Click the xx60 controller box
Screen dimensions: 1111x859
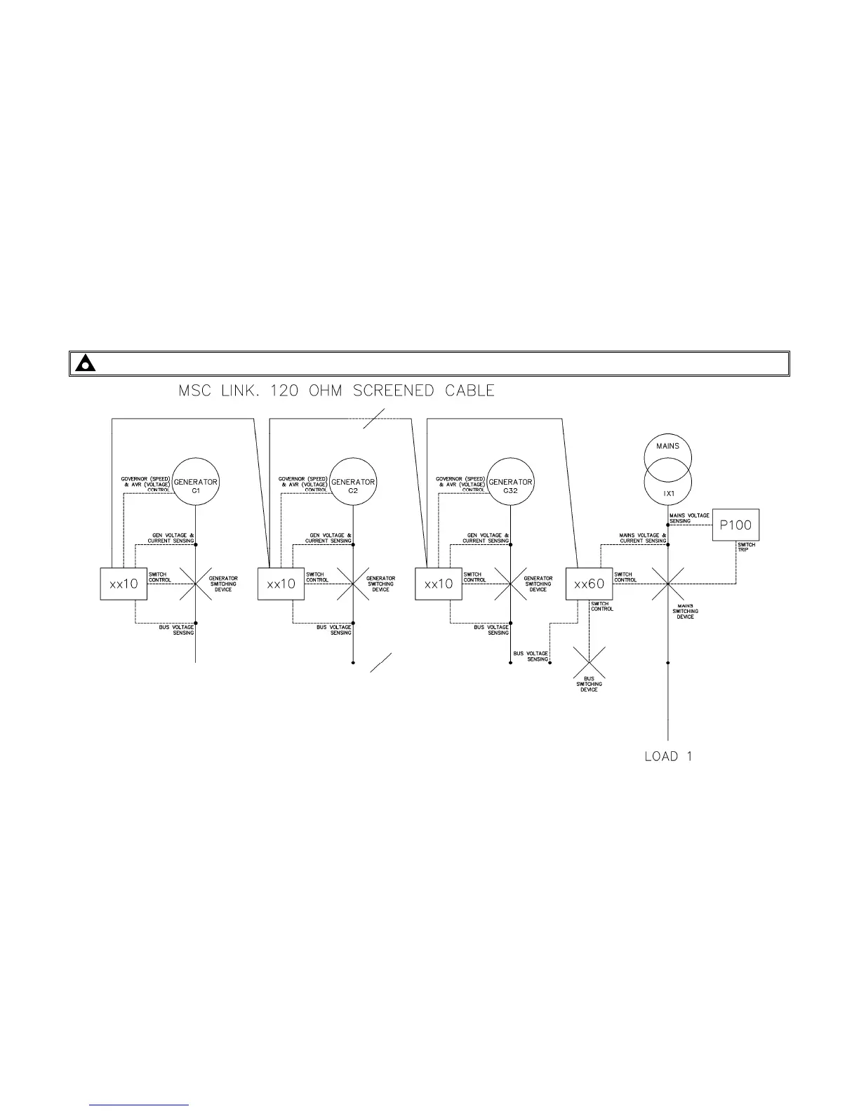click(589, 584)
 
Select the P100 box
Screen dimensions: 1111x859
click(735, 525)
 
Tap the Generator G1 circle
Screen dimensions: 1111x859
click(196, 482)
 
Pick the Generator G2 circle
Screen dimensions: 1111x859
click(353, 482)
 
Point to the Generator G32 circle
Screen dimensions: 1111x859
click(510, 482)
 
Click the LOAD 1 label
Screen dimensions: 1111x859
click(668, 756)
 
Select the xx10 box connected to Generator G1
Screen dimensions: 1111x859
click(124, 584)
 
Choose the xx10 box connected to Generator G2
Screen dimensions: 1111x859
click(281, 584)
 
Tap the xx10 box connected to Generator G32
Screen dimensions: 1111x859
click(439, 584)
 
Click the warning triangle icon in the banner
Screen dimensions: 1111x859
click(86, 364)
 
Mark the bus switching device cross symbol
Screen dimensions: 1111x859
click(589, 662)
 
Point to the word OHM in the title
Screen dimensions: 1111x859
click(321, 391)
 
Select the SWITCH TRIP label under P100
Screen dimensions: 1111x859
click(746, 547)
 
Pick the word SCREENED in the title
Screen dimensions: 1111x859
click(394, 391)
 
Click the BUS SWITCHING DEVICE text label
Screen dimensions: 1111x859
click(589, 684)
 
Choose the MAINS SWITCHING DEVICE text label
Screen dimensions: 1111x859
click(686, 611)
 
